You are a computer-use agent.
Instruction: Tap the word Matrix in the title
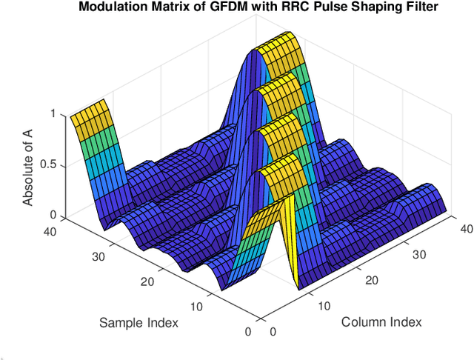click(x=161, y=7)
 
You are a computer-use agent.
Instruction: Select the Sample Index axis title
click(x=138, y=323)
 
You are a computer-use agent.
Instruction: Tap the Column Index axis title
click(x=381, y=321)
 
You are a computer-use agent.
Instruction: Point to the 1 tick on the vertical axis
click(x=53, y=114)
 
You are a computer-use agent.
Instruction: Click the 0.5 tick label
click(x=47, y=164)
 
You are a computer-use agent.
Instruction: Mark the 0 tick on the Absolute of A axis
click(x=52, y=215)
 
